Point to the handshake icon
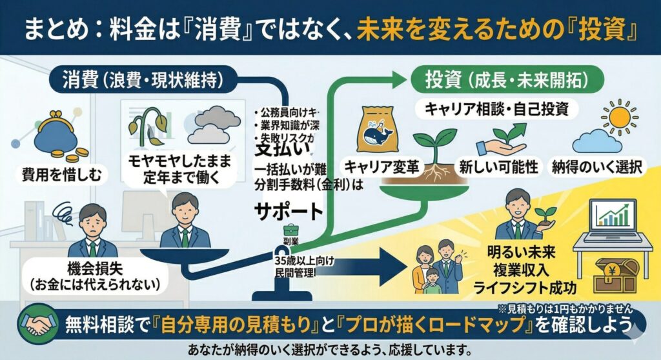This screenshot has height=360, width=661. [37, 324]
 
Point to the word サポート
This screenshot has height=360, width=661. [288, 212]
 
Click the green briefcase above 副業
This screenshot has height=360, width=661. [290, 229]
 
